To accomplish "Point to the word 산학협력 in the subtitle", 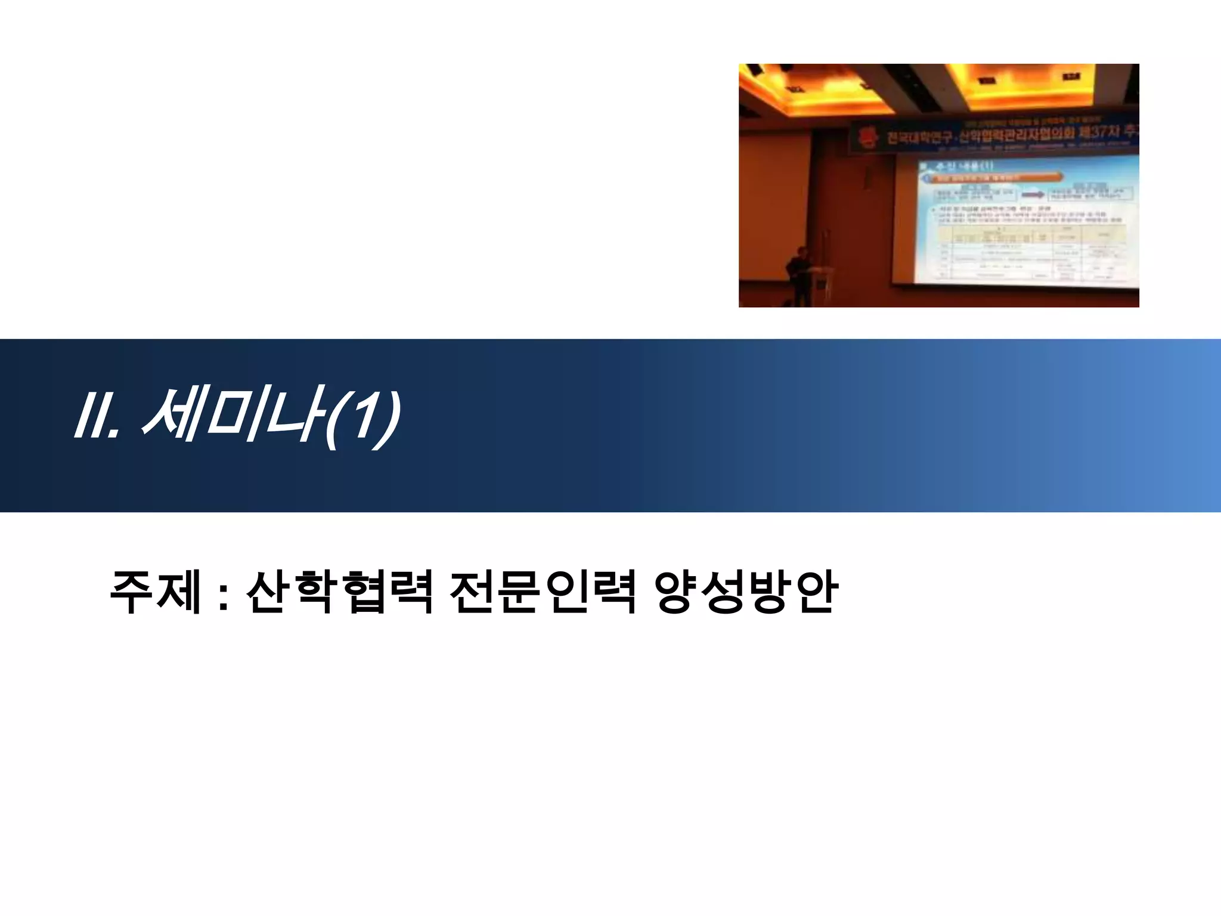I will [x=339, y=592].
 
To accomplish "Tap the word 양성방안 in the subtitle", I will [x=746, y=592].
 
